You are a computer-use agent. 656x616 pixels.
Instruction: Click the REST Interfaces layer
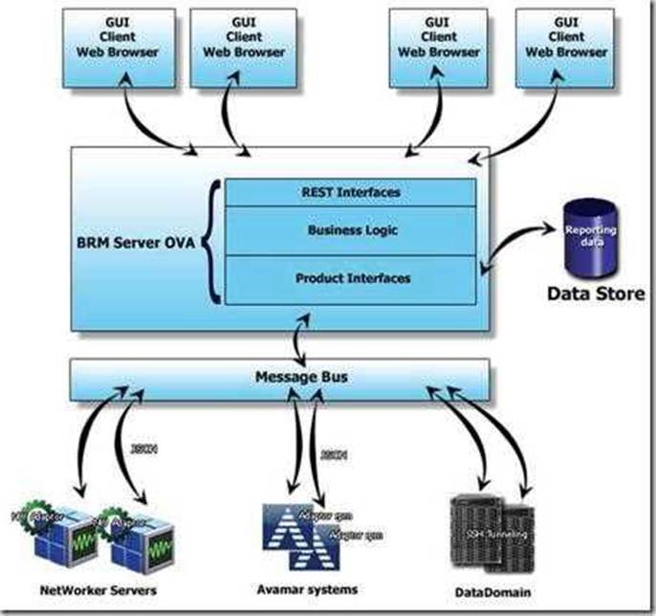[x=349, y=192]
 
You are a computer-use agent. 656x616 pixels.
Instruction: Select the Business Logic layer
[x=349, y=231]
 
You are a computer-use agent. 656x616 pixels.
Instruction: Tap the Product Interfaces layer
[x=349, y=278]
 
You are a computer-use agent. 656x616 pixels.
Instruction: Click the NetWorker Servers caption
[x=89, y=589]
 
